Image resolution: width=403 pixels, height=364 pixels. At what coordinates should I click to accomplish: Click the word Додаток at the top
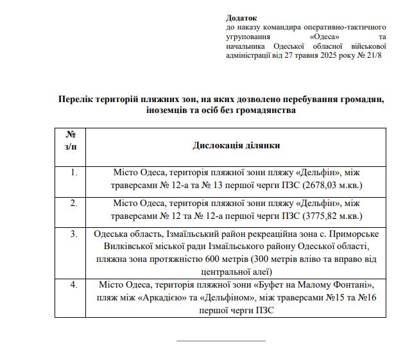[241, 18]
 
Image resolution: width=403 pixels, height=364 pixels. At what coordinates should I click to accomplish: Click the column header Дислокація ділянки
[236, 146]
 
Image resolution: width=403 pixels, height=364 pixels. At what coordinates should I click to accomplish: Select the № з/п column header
[71, 141]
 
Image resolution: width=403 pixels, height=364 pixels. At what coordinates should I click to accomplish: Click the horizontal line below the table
[220, 340]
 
